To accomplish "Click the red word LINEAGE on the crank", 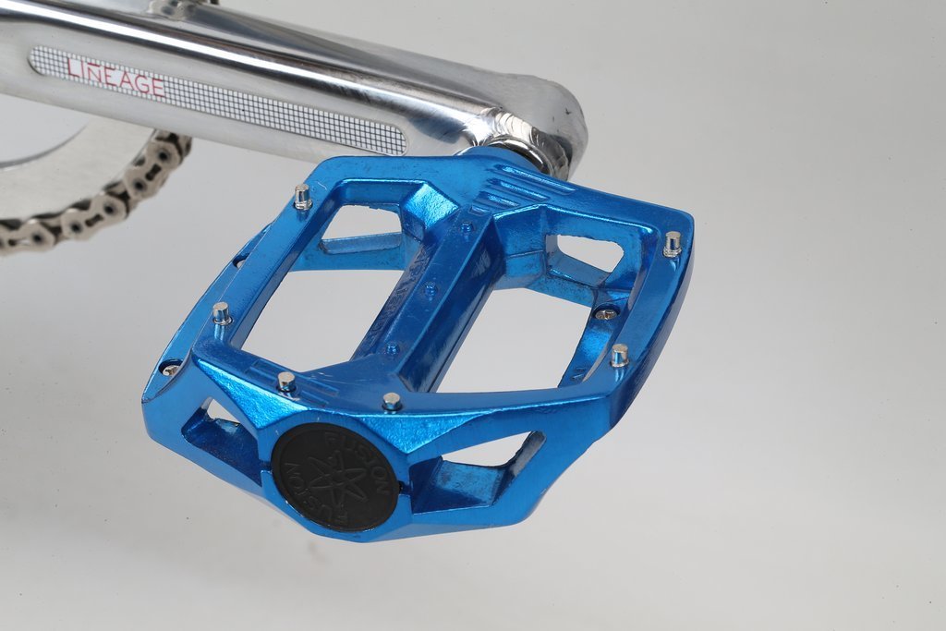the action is (115, 77).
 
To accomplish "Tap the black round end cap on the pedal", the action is (334, 477).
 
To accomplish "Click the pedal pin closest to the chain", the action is (302, 197).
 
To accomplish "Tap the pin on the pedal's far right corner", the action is (673, 244).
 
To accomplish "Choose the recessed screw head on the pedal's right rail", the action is (606, 314).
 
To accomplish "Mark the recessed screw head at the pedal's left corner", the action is (171, 370).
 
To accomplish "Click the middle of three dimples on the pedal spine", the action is (430, 287).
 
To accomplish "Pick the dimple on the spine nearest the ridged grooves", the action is (466, 228).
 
